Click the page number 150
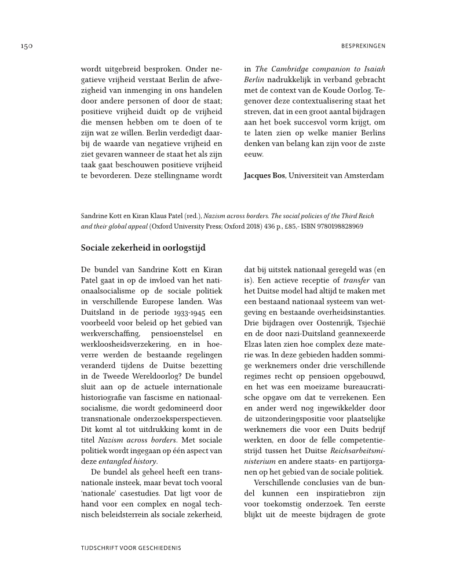[x=23, y=45]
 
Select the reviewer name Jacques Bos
[x=264, y=175]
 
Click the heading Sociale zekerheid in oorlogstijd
[x=143, y=248]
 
